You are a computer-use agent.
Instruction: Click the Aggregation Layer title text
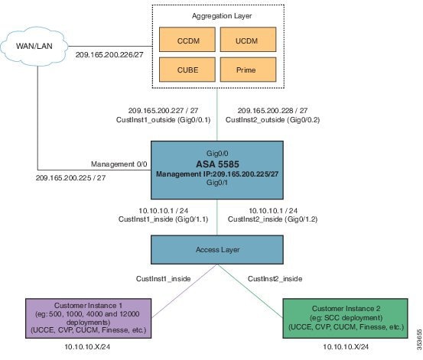(216, 15)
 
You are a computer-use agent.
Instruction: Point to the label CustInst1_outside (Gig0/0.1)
(158, 120)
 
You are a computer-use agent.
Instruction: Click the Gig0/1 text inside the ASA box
(217, 183)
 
